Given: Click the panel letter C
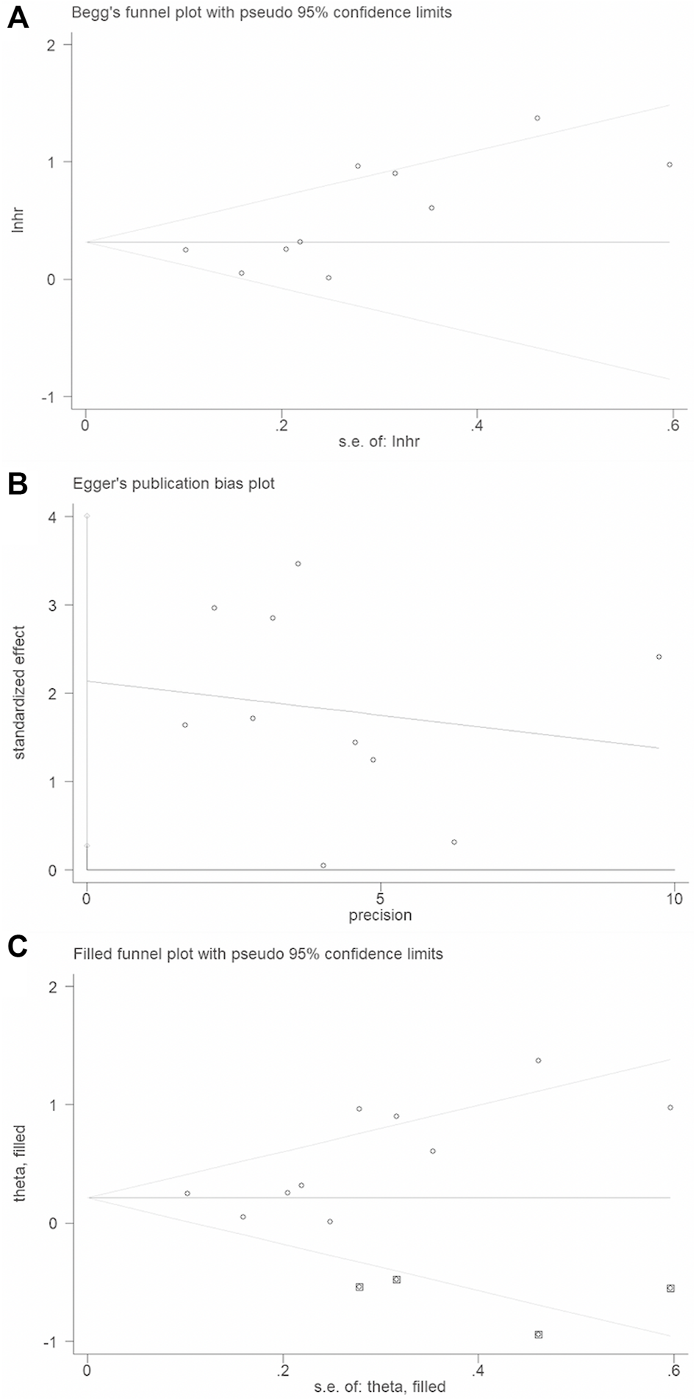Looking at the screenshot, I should (x=18, y=948).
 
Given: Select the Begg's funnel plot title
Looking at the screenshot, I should (x=262, y=12).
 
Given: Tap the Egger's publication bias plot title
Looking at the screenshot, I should (x=174, y=484).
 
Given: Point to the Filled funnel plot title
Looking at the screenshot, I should (x=258, y=954).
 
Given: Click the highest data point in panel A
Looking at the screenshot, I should (x=537, y=118).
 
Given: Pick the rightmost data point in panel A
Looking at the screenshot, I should (x=670, y=165).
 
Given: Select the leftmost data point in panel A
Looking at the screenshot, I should (x=186, y=250).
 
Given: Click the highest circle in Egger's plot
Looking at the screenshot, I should (x=298, y=564).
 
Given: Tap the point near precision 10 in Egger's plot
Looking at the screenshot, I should (x=659, y=657).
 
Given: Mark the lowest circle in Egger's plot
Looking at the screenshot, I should (x=323, y=865).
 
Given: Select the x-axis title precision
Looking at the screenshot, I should (x=380, y=915).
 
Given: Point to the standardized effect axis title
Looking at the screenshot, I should (x=20, y=692).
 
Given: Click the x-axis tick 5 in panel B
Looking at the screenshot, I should (x=380, y=899).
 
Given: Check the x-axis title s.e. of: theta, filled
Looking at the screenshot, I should (x=380, y=1387).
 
